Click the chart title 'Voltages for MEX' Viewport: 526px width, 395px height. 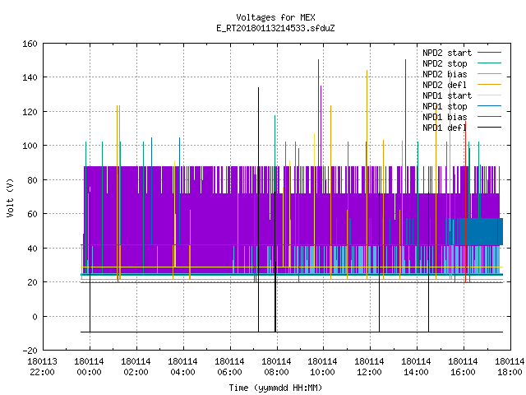point(275,17)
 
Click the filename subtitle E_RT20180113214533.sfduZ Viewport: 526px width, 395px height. point(275,28)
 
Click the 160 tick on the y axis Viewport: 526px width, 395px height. point(30,44)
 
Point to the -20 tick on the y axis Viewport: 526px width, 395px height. point(30,351)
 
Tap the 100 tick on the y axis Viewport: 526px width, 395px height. point(30,146)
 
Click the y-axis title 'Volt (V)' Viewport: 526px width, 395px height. point(11,197)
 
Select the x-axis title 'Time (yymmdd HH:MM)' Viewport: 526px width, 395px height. point(275,388)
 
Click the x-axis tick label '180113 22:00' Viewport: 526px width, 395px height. point(42,367)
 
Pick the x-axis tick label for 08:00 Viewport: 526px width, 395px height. point(276,367)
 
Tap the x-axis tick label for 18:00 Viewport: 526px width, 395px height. point(510,367)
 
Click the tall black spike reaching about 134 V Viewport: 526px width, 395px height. point(258,210)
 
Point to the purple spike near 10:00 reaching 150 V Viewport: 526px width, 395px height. point(318,113)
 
